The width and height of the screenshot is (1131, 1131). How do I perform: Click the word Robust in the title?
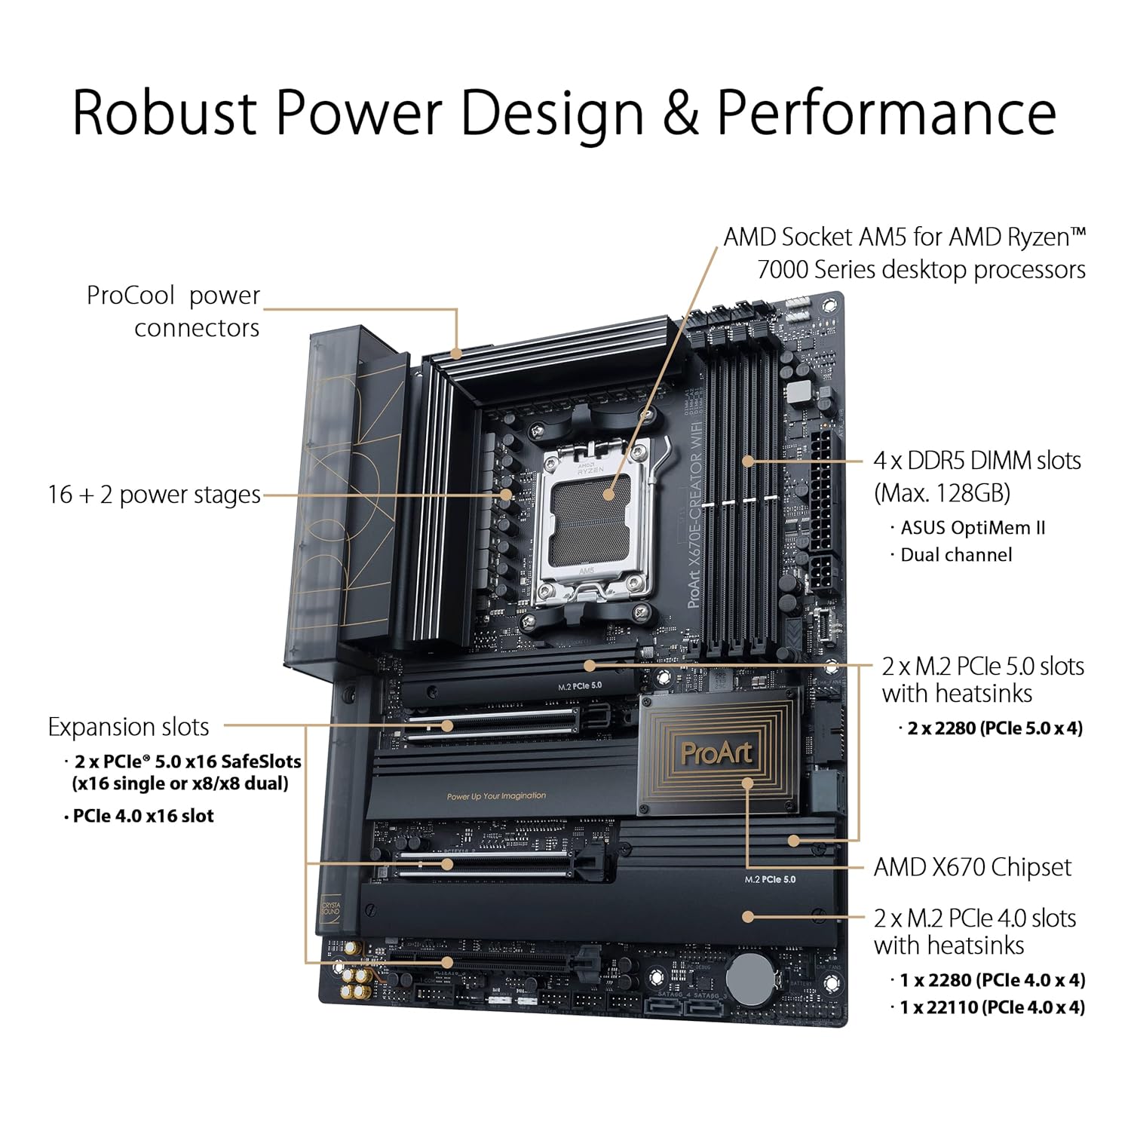coord(164,113)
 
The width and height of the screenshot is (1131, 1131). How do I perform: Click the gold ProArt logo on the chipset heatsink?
coord(716,753)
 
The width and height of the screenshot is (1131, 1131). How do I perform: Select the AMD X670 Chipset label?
coord(971,867)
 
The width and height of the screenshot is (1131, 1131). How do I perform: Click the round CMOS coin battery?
coord(750,976)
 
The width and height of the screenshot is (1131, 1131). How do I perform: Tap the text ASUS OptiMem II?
coord(973,528)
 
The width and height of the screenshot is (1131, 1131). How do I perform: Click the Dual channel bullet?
coord(956,555)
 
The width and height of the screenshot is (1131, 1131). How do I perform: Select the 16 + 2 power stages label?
coord(154,495)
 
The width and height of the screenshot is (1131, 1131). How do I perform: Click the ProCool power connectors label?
coord(173,311)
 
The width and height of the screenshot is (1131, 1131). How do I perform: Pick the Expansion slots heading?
coord(128,727)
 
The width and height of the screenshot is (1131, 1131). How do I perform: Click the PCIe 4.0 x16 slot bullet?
coord(143,816)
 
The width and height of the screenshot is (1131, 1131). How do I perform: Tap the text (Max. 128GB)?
coord(942,493)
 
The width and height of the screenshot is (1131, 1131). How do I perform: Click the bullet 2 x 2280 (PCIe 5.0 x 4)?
coord(995,728)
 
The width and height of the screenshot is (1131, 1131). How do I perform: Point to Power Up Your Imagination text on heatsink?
coord(496,796)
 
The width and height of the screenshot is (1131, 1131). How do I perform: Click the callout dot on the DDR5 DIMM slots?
coord(747,460)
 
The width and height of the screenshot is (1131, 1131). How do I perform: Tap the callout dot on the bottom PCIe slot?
coord(447,962)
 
